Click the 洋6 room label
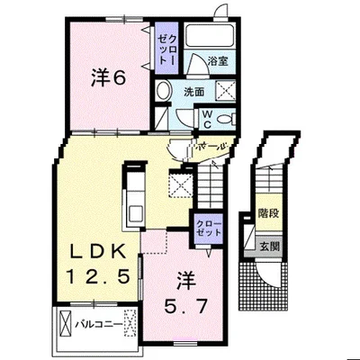[x=108, y=77]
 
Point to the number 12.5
[x=98, y=276]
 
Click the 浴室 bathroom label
[x=218, y=61]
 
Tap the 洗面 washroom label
[x=194, y=92]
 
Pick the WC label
[x=208, y=120]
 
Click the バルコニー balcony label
[x=99, y=325]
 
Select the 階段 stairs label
[x=269, y=213]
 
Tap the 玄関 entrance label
[x=269, y=247]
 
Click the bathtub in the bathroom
[x=209, y=36]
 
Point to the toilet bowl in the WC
[x=226, y=119]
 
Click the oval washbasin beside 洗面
[x=164, y=90]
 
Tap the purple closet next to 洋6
[x=166, y=48]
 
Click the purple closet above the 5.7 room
[x=209, y=229]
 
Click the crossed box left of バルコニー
[x=66, y=324]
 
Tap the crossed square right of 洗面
[x=226, y=90]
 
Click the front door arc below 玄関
[x=268, y=276]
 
